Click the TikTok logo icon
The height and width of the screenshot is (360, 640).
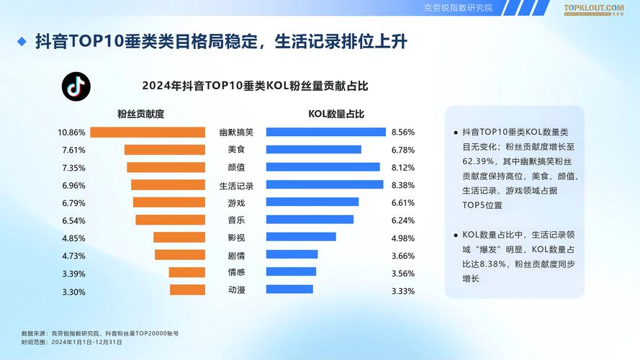point(76,86)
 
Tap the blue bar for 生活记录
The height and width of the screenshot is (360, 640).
point(324,185)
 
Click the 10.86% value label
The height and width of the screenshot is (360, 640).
point(72,132)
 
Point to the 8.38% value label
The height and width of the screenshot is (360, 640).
point(402,185)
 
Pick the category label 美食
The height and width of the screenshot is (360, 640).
point(236,150)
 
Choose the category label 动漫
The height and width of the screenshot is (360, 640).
point(236,290)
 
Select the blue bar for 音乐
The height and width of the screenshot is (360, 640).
point(310,220)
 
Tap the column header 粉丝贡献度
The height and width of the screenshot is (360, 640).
point(141,114)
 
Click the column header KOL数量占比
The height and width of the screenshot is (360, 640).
point(336,114)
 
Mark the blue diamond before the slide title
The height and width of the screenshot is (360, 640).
point(22,42)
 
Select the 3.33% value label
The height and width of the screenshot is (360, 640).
point(402,291)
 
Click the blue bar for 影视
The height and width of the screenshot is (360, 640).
point(301,238)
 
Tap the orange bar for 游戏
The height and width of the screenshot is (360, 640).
point(169,203)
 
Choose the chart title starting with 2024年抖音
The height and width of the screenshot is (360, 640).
point(255,86)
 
